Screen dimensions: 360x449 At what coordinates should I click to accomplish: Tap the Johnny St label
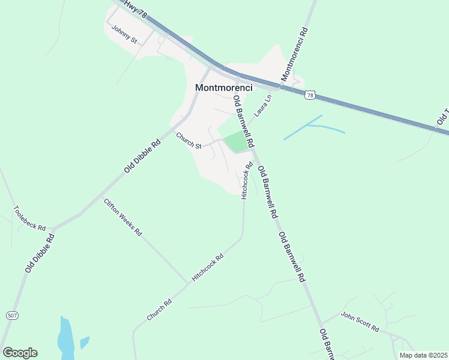click(124, 36)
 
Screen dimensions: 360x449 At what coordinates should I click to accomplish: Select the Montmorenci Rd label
click(294, 54)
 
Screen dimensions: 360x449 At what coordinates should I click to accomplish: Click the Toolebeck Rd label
click(29, 219)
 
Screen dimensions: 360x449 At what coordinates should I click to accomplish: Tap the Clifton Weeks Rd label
click(122, 217)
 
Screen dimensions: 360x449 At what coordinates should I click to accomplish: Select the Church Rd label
click(159, 308)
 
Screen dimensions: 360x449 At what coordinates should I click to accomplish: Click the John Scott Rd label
click(360, 322)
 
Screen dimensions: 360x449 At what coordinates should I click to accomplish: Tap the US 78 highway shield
click(309, 95)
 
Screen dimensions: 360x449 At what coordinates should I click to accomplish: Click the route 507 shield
click(12, 315)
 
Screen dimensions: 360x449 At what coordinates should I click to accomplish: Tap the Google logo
click(20, 353)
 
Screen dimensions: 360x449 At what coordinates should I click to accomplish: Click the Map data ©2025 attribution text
click(423, 355)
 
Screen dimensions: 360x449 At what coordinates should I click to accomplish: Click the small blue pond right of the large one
click(85, 343)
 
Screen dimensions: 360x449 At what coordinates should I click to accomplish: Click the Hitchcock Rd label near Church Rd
click(207, 268)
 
